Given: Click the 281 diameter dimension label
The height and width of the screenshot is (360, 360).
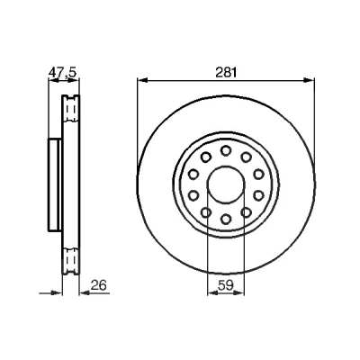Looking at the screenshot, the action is [226, 73].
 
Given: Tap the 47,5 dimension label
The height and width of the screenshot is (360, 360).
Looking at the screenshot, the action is [63, 73].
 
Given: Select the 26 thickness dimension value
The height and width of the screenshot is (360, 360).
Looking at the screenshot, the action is [99, 285].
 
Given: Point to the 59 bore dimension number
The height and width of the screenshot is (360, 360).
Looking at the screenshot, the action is [226, 285].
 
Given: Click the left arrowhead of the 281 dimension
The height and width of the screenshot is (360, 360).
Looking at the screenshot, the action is [143, 80].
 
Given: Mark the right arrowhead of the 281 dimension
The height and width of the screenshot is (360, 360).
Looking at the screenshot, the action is [309, 80].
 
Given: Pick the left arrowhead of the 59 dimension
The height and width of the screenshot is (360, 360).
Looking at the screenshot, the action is [213, 293].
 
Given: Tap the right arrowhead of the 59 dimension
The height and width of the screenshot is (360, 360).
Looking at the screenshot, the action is [238, 293].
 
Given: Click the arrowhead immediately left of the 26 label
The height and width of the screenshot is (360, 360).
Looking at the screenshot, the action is [85, 293].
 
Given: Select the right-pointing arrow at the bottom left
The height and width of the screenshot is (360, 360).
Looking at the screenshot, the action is [50, 293].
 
